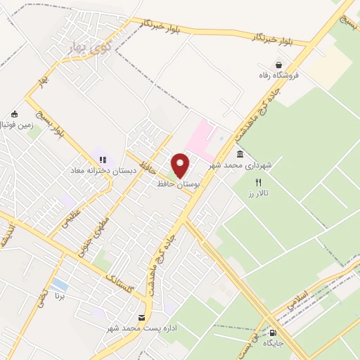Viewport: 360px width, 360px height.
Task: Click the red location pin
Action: point(181,165)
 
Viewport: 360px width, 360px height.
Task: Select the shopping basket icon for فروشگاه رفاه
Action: point(279,65)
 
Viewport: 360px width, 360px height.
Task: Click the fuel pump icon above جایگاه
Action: point(273,333)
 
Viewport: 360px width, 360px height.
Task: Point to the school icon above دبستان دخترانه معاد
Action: point(102,160)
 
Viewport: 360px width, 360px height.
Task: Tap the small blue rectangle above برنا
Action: point(60,285)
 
